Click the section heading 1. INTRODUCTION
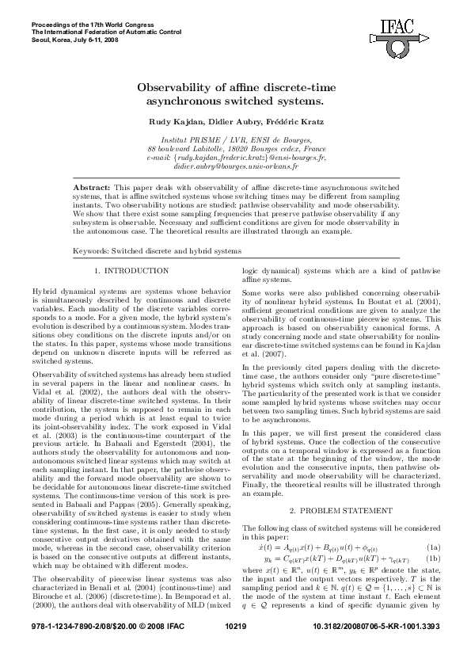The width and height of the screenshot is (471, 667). click(x=131, y=271)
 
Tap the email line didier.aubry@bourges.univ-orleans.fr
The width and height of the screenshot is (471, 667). click(x=236, y=167)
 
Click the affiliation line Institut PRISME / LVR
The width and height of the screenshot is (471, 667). click(x=236, y=139)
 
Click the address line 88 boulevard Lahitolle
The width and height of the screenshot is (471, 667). click(x=236, y=148)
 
